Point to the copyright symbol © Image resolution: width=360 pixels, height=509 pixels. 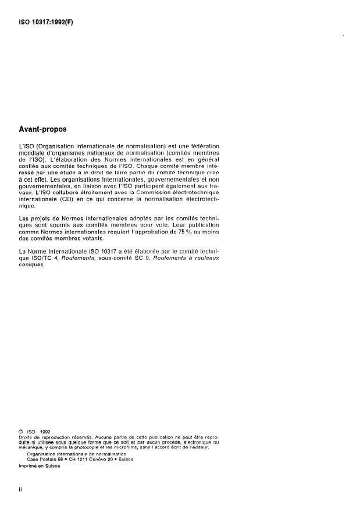click(x=22, y=431)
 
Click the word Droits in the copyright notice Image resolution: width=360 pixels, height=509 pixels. click(x=27, y=437)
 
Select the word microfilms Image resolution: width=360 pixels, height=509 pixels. click(x=129, y=447)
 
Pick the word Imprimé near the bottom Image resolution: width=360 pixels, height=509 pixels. click(x=29, y=465)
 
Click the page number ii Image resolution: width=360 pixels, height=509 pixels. click(x=22, y=489)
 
